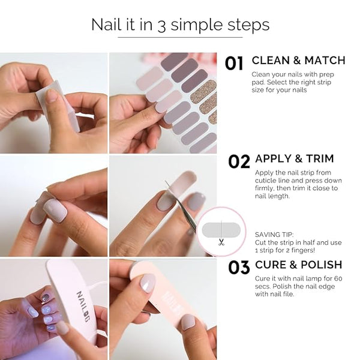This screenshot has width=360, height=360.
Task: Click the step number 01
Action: point(234,64)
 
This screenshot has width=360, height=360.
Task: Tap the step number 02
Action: point(239,161)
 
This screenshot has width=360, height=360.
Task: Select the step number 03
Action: point(239,267)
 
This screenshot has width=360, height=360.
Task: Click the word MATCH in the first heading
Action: point(325,61)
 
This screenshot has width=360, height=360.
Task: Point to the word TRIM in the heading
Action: point(320,158)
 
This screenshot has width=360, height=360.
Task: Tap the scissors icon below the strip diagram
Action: point(221,242)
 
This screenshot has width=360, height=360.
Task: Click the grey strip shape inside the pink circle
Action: point(221,230)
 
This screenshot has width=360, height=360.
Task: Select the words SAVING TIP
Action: point(274,235)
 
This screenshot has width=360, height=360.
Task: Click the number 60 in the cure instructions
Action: point(338,278)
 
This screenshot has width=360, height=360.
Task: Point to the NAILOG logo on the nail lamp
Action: point(83,307)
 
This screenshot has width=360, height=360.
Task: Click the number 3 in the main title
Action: point(161,26)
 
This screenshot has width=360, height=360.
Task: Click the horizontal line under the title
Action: point(180,37)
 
